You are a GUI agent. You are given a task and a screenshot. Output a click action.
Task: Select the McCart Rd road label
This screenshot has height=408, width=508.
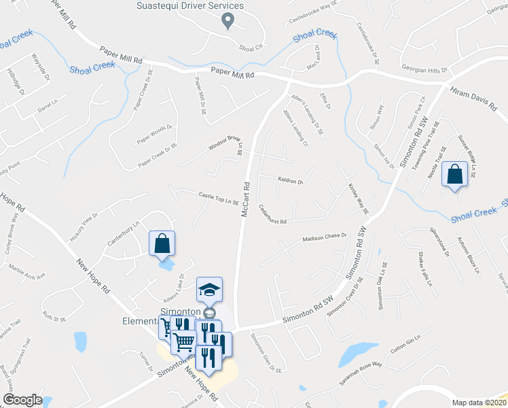coord(247,199)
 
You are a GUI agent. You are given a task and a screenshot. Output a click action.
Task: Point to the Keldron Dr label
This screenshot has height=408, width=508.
coord(290,182)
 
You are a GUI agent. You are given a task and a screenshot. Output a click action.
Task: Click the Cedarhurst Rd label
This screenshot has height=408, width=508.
coord(273,217)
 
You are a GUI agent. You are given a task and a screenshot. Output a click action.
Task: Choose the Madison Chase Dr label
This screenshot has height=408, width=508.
coord(325,237)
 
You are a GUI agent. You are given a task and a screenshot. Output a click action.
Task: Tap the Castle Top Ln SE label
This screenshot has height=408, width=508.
coord(218,198)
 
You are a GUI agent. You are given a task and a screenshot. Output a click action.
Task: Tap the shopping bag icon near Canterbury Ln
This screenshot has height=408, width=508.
coord(162,243)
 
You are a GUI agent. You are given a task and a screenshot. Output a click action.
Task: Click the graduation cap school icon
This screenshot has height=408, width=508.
coord(210,289)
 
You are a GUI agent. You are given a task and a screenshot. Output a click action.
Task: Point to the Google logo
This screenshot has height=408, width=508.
coord(22,400)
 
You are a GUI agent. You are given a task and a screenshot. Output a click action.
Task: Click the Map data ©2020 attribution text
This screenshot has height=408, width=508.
coord(478,403)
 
